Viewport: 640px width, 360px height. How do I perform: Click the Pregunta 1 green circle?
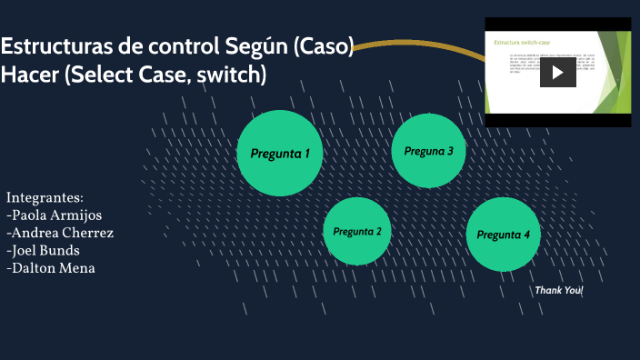pos(280,153)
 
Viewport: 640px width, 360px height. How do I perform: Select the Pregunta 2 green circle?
pos(357,231)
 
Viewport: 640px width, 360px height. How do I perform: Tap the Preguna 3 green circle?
pos(429,151)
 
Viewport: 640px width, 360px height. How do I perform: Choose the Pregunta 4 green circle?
pos(503,235)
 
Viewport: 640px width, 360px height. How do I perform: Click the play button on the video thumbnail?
pos(557,72)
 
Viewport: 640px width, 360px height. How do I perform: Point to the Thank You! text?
pos(558,290)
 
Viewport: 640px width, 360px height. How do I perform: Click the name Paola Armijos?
pos(55,215)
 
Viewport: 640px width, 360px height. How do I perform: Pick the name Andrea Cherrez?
pos(61,233)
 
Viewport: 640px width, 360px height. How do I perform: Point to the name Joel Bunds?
pos(45,250)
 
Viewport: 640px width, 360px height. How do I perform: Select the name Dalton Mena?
pos(52,267)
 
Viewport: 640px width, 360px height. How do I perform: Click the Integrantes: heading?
pos(45,197)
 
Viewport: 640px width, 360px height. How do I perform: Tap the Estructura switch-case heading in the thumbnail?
pos(521,42)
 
